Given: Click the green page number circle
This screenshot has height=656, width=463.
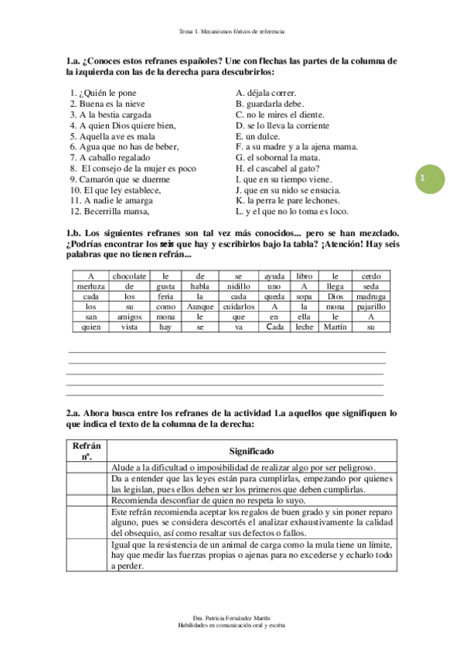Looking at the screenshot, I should [423, 179].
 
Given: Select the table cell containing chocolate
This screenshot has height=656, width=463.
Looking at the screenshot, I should [129, 276].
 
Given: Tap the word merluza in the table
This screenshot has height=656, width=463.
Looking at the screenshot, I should [90, 286].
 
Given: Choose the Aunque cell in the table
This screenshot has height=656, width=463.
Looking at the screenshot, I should [199, 306].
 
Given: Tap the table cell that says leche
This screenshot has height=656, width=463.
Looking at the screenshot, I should [304, 326].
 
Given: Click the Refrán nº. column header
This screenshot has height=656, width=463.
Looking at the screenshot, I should [86, 451].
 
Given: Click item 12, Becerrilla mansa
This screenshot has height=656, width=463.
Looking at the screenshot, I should [109, 210].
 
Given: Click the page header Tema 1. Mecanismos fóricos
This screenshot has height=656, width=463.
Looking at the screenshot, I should [231, 32].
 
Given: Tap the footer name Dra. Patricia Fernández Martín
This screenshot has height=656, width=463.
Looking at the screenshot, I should [231, 617].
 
